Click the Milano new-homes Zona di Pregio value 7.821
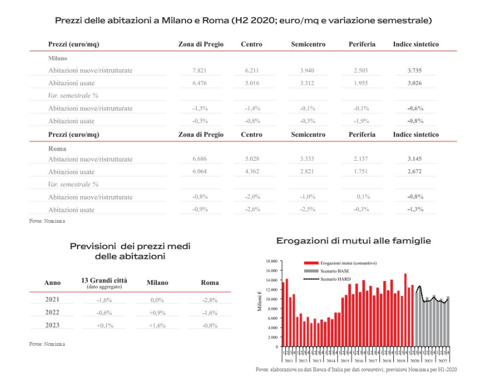coord(199,70)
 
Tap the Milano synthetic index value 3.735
coord(414,70)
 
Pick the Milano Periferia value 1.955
coord(361,83)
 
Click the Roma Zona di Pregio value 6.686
coord(199,159)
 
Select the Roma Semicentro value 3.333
coord(307,159)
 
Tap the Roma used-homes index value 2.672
coord(414,172)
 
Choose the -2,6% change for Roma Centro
coord(252,210)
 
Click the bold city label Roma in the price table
coord(57,149)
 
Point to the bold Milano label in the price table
coord(58,58)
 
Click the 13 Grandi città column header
coord(104,281)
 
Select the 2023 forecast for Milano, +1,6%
coord(157,325)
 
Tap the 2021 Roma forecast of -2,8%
coord(209,300)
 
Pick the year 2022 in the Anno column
coord(52,313)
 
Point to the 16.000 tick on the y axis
coord(271,270)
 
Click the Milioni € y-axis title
coord(260,301)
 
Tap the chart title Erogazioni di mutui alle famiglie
coord(353,241)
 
